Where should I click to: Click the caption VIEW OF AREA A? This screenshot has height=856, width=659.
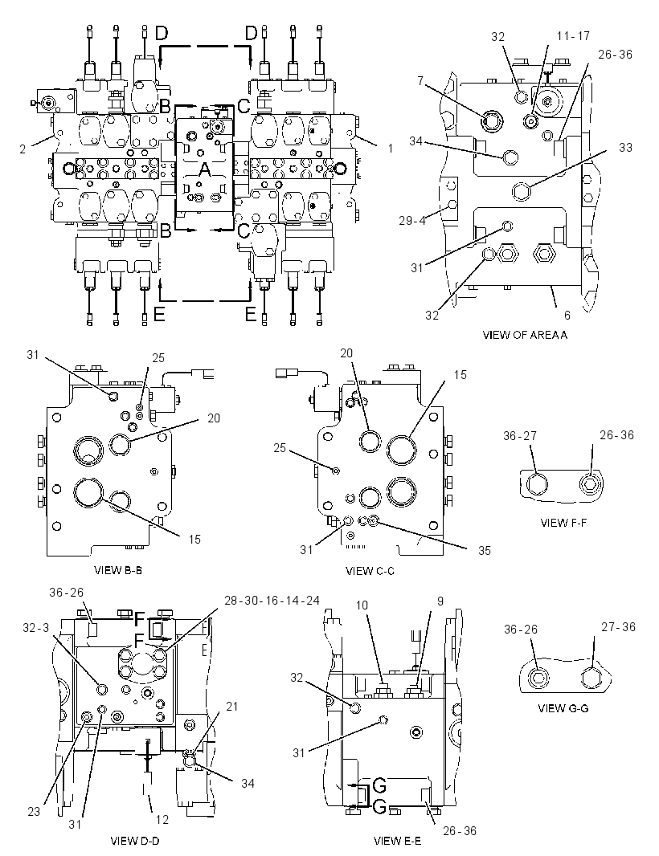pos(525,335)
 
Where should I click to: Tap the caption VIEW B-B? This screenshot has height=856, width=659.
pos(118,570)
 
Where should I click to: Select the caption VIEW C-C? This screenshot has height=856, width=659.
pos(370,571)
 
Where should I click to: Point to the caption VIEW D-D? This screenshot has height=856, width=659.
pos(135,841)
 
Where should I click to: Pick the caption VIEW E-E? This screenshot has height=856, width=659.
pos(397,841)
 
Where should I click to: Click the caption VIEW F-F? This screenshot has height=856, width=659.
pos(563,523)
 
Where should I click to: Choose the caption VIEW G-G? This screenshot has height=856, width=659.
pos(563,708)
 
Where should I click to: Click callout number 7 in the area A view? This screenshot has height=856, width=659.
pos(420,81)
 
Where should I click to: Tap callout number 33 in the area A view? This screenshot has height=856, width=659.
pos(626,148)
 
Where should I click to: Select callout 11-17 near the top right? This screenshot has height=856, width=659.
pos(573,36)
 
